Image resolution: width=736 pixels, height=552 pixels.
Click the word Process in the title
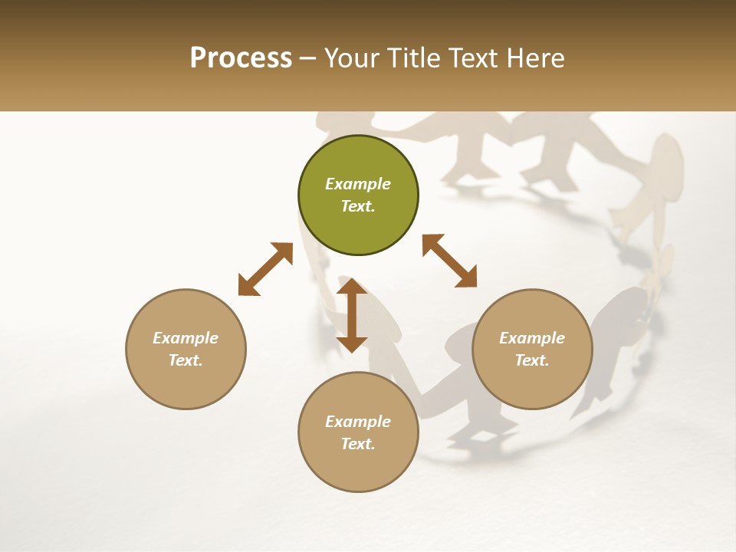click(x=241, y=58)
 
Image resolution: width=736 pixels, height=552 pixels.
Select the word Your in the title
click(x=351, y=58)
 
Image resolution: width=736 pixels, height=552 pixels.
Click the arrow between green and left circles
click(x=265, y=269)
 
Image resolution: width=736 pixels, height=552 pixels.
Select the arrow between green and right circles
click(x=449, y=261)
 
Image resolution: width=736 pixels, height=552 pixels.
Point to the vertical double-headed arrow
click(x=352, y=315)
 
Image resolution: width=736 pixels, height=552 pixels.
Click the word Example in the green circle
click(x=358, y=184)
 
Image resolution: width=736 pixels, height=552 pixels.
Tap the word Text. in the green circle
click(x=358, y=206)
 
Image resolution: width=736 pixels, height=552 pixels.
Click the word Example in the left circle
click(x=186, y=338)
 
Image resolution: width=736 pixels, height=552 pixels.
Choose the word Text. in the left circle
click(x=186, y=360)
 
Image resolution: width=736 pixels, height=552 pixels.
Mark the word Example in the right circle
click(x=532, y=338)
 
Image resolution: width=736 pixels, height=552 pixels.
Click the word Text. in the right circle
click(x=532, y=360)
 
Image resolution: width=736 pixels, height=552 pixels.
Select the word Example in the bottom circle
click(x=358, y=422)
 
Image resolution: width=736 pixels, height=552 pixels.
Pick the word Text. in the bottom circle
click(x=358, y=444)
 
